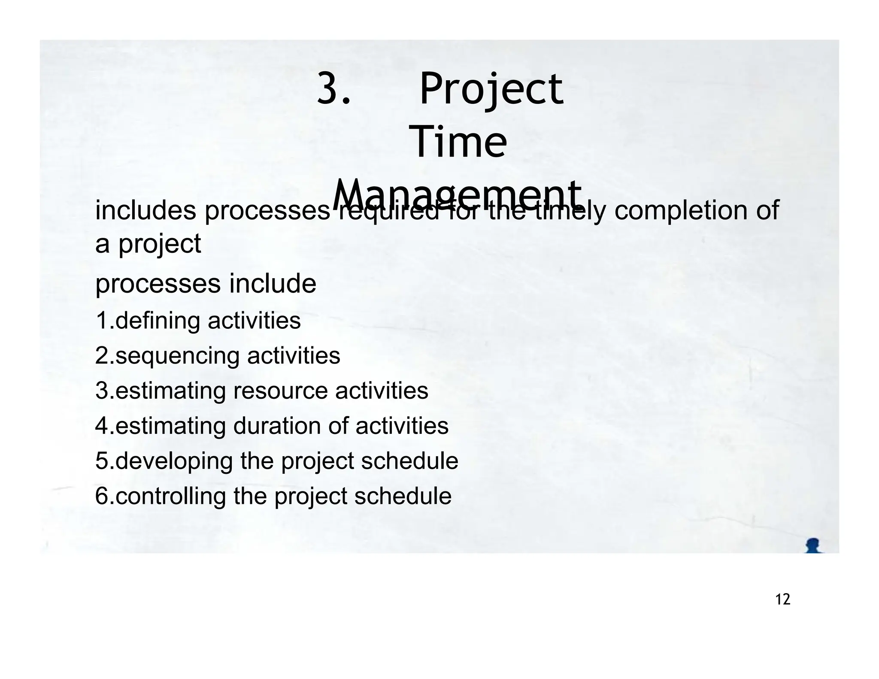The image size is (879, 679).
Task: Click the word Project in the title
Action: tap(491, 90)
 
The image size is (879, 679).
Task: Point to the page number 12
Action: tap(783, 599)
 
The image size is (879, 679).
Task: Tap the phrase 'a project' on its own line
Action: tap(148, 244)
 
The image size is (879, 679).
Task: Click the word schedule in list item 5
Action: tap(409, 461)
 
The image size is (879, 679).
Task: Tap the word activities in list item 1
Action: tap(254, 321)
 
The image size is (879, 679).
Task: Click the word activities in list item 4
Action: tap(402, 426)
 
